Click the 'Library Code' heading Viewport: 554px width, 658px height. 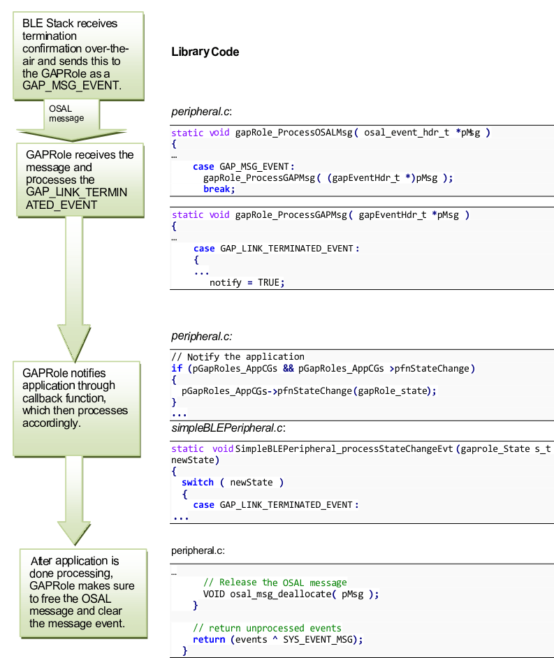(205, 52)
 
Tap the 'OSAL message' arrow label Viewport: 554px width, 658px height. (66, 113)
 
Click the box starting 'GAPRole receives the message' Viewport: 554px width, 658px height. (79, 180)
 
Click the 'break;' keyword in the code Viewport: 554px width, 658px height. (219, 189)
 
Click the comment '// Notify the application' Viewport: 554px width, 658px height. (238, 356)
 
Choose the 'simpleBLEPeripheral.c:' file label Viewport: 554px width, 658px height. (228, 427)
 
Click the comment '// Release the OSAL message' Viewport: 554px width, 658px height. (275, 582)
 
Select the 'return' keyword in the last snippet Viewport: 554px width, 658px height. (208, 639)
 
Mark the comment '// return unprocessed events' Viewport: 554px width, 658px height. (267, 627)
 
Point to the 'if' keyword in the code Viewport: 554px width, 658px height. (177, 368)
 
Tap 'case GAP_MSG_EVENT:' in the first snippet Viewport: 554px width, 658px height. (244, 166)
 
